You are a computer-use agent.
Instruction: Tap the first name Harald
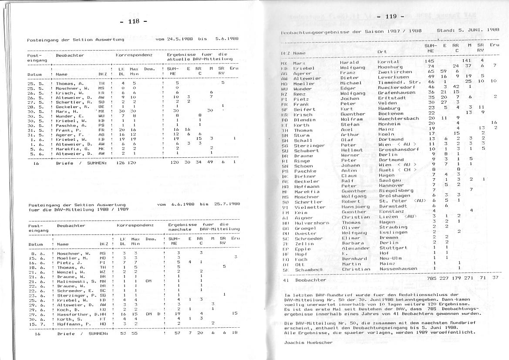349,62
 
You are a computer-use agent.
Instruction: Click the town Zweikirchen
395,72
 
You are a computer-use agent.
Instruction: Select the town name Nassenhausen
398,269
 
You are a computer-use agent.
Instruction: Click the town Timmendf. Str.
398,82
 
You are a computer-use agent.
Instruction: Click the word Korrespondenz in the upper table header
134,56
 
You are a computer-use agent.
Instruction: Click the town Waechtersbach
398,119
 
